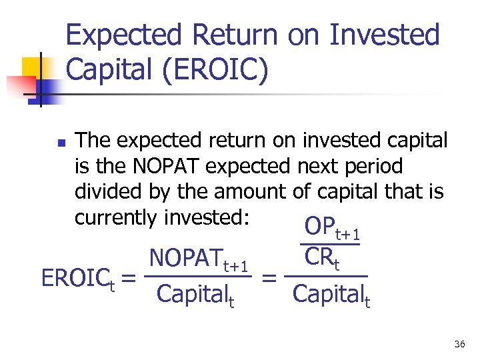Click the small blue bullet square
coord(60,143)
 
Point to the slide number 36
coord(459,344)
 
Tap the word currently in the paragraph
coord(116,217)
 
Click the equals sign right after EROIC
coord(130,279)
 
